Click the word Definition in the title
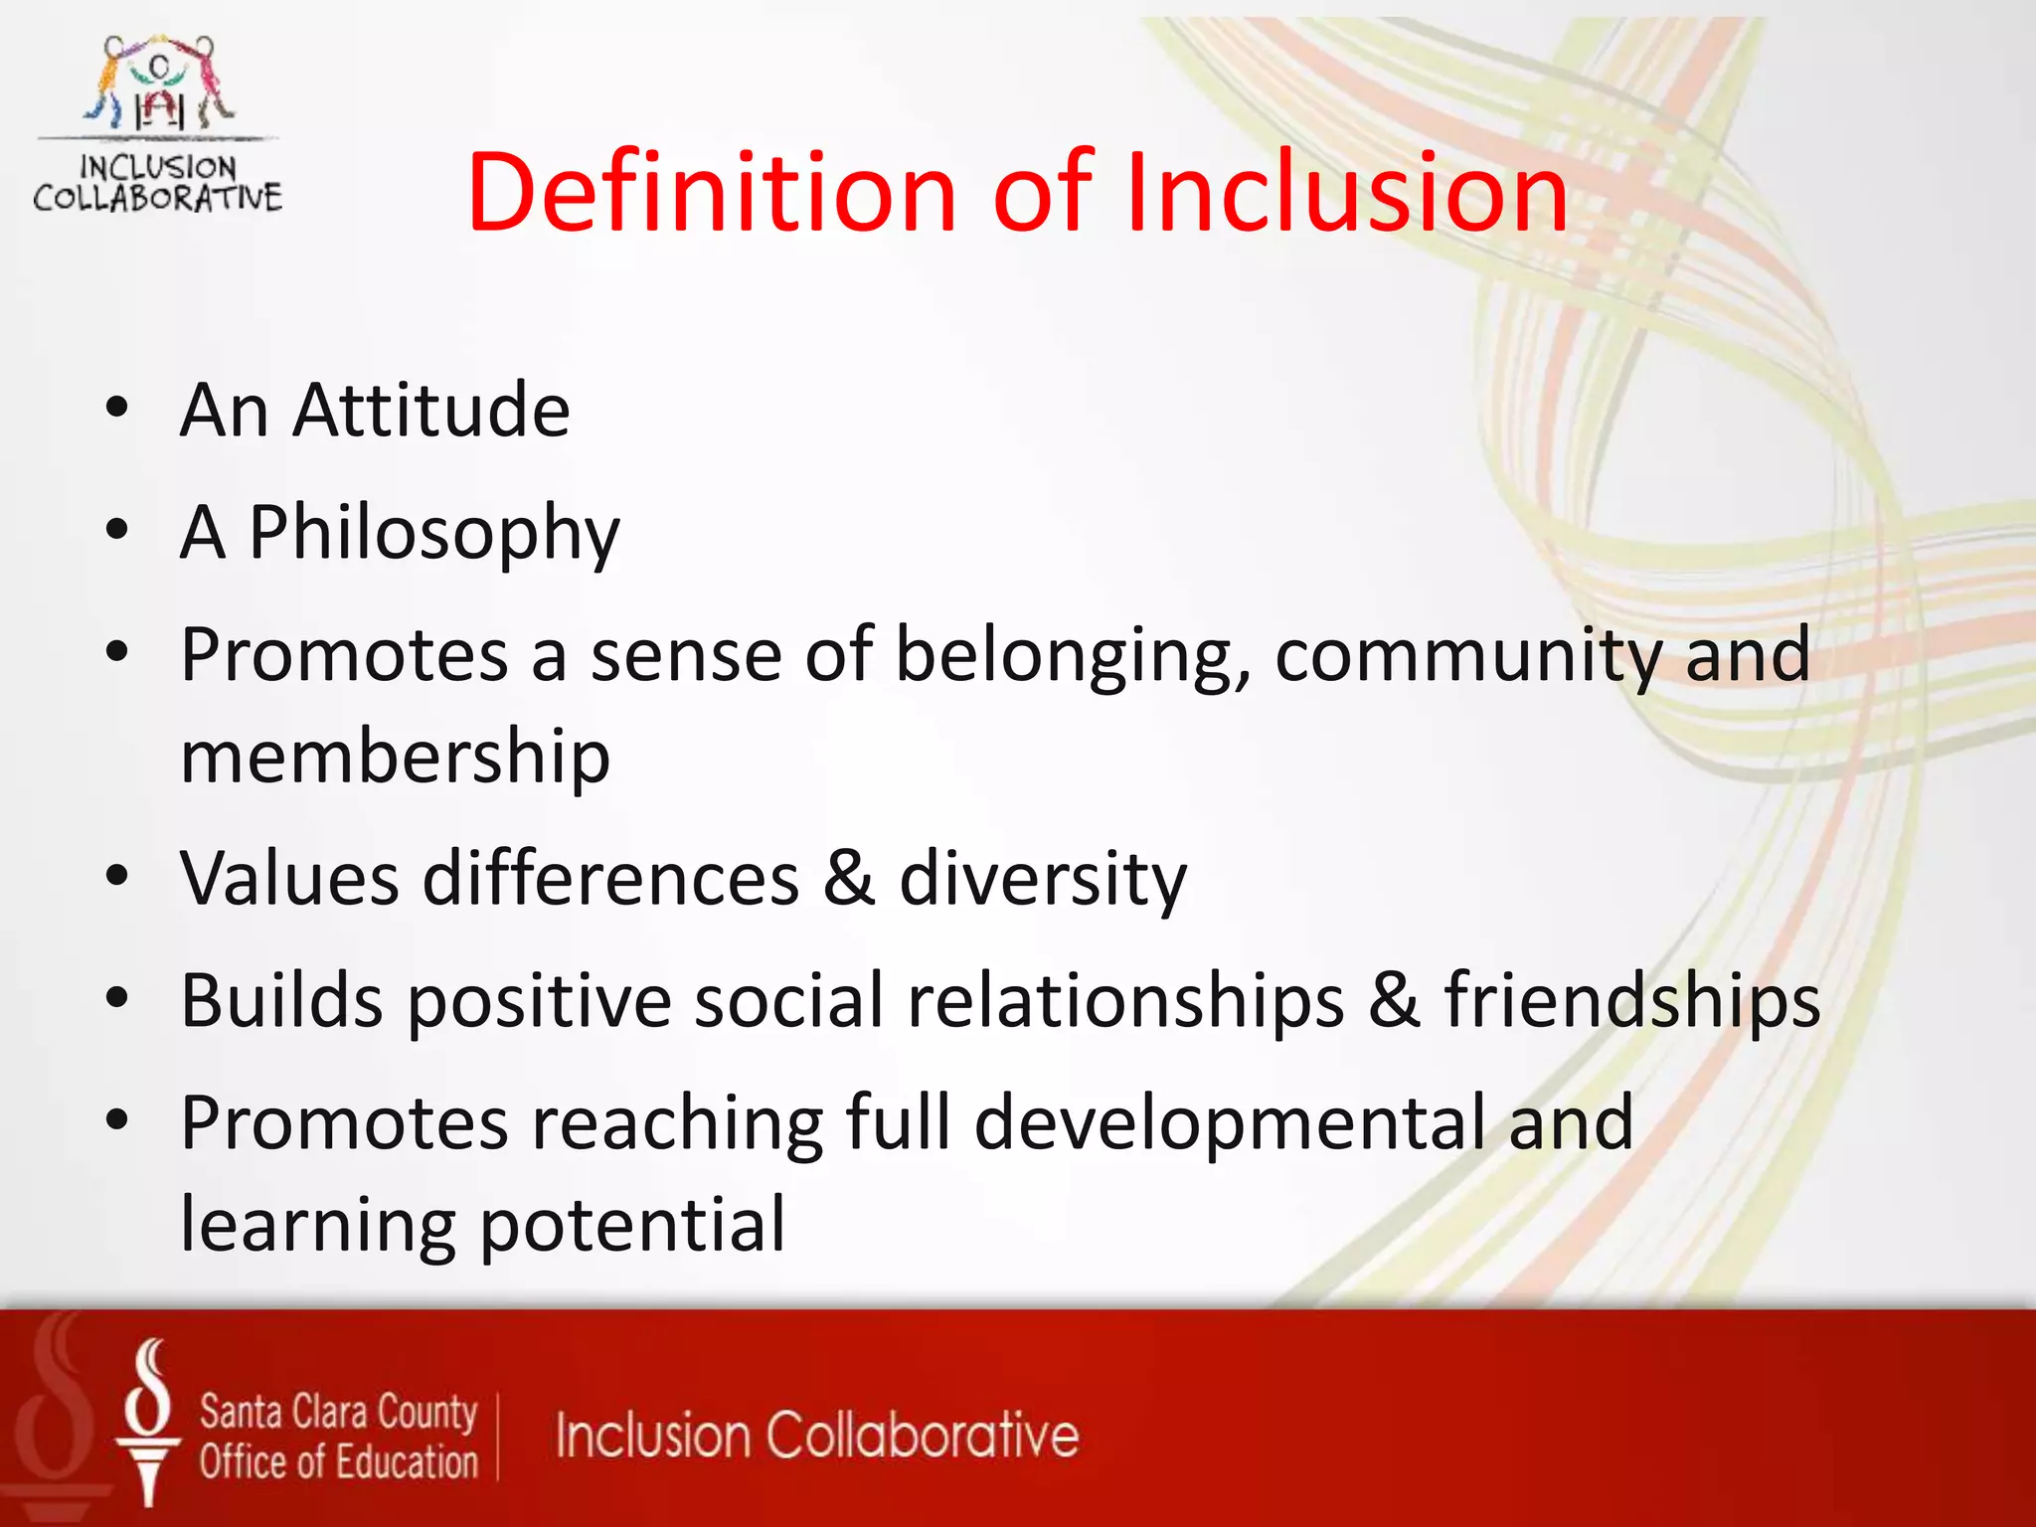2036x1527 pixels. pos(712,192)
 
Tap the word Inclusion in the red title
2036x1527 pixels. pos(1345,192)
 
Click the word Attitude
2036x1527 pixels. pos(430,410)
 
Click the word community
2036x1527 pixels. pos(1467,656)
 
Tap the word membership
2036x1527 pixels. pos(395,756)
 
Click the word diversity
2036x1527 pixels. pos(1043,879)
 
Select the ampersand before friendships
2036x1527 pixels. pos(1394,999)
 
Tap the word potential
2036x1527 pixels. pos(633,1225)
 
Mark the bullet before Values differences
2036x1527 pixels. pos(117,876)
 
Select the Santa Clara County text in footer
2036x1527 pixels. pos(338,1413)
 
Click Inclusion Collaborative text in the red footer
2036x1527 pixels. pos(816,1436)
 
